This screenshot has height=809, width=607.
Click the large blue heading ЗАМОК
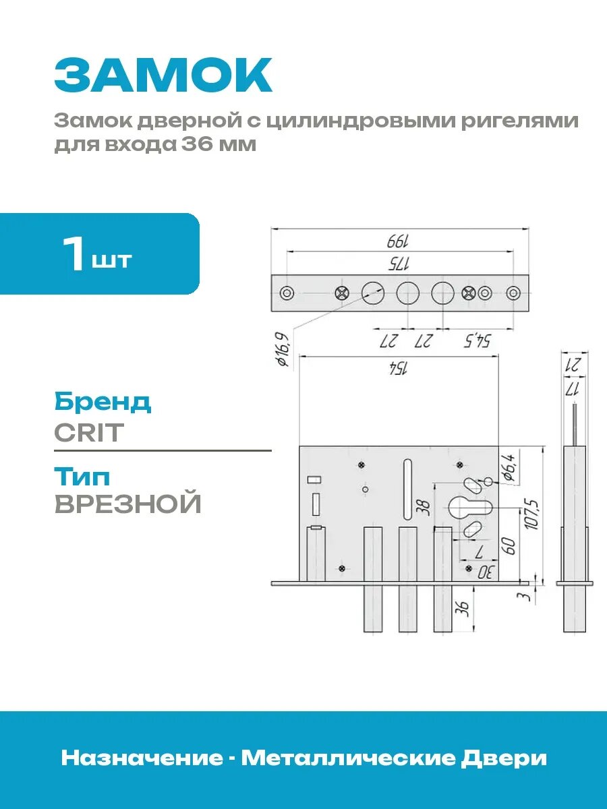point(163,76)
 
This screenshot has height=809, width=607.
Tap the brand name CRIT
point(89,432)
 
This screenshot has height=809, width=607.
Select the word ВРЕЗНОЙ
point(128,504)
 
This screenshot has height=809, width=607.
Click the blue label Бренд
point(103,402)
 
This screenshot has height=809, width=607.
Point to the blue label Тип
point(82,476)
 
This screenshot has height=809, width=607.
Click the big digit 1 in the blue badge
point(74,253)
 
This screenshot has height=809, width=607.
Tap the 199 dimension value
point(398,241)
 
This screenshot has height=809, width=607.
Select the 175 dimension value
point(399,264)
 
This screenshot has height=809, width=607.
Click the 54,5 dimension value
point(478,340)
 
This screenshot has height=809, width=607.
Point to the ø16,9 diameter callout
point(283,350)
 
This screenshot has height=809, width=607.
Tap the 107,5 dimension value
point(532,514)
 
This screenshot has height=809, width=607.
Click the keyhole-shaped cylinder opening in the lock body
point(470,508)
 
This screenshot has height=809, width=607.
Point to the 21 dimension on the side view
point(574,365)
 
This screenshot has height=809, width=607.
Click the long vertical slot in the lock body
point(407,489)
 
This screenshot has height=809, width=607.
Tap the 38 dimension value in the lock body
point(423,508)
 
